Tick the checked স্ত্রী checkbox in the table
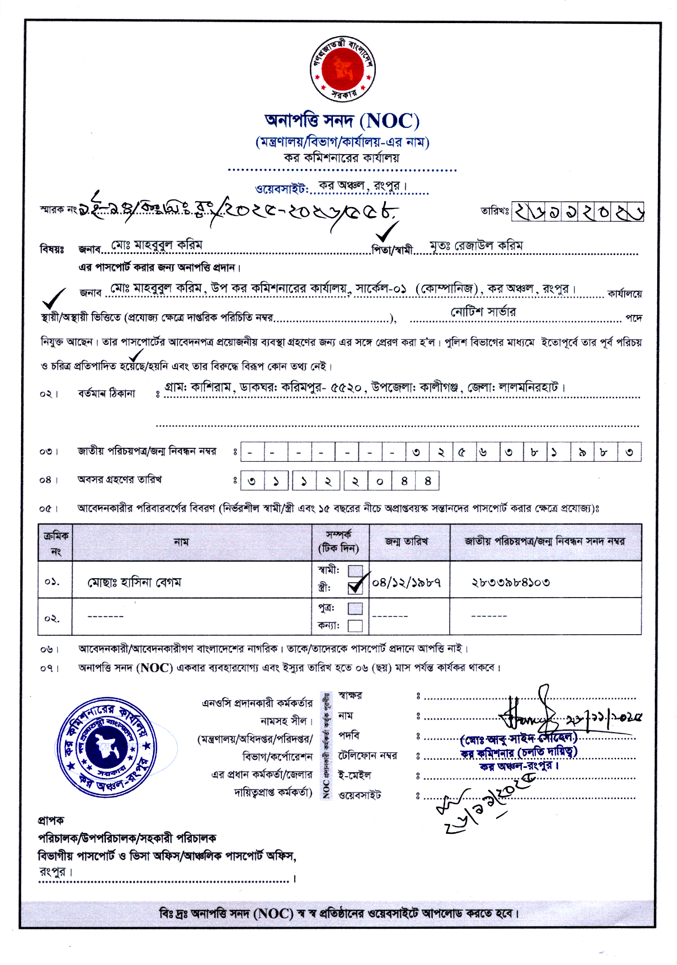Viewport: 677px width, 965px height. tap(355, 587)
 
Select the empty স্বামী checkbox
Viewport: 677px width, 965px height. tap(355, 571)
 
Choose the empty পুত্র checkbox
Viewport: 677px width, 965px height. tap(355, 608)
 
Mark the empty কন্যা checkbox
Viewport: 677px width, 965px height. tap(355, 626)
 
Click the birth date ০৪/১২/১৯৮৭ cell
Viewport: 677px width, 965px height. tap(406, 583)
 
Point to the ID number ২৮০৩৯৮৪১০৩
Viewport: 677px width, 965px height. tap(510, 583)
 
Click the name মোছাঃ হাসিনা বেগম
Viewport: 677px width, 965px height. tap(134, 583)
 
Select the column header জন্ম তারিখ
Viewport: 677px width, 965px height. tap(406, 542)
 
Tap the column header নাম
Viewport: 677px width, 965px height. tap(181, 542)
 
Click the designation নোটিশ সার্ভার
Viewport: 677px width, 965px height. tap(483, 312)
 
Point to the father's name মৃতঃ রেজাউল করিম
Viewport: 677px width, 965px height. tap(476, 245)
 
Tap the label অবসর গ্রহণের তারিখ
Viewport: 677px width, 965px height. tap(119, 480)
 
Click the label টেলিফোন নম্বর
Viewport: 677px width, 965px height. tap(368, 756)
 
